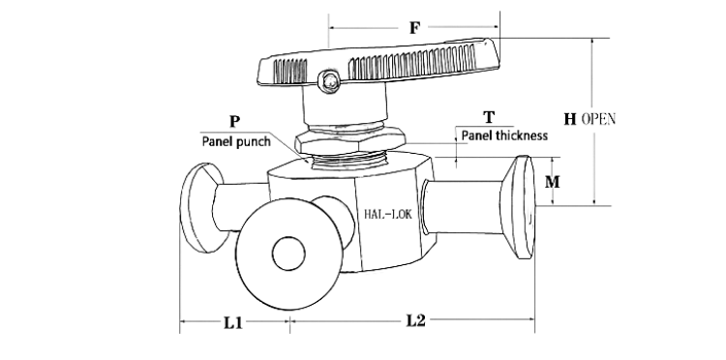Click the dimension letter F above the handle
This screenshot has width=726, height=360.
[415, 28]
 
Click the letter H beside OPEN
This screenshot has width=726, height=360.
[570, 119]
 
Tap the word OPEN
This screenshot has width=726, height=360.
[598, 119]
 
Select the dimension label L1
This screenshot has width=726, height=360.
[233, 322]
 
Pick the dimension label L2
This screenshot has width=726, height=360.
[416, 320]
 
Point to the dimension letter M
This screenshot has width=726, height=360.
[552, 182]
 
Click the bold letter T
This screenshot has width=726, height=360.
[489, 117]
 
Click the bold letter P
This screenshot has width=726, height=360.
[235, 122]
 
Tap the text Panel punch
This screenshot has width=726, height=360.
[236, 141]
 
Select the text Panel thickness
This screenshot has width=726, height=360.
[504, 135]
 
